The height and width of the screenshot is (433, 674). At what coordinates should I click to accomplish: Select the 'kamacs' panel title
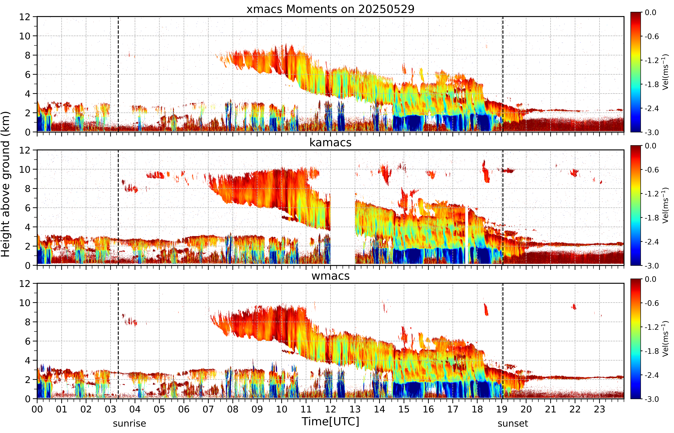point(330,143)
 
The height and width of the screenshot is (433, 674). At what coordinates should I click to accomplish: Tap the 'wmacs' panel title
point(330,276)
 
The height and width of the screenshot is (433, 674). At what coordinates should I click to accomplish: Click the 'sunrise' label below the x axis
point(129,423)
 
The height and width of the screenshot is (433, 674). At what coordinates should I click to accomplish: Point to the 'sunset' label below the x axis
point(513,423)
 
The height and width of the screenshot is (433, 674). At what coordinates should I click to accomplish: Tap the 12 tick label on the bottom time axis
point(330,409)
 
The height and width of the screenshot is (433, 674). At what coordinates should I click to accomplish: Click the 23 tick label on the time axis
point(599,409)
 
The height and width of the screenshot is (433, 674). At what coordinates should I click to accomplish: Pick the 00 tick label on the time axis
point(37,409)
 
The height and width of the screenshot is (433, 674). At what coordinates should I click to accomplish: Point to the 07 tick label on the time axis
point(208,409)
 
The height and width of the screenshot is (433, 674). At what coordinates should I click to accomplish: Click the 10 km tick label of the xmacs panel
point(25,36)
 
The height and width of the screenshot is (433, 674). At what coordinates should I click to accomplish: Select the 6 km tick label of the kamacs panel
point(28,208)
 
